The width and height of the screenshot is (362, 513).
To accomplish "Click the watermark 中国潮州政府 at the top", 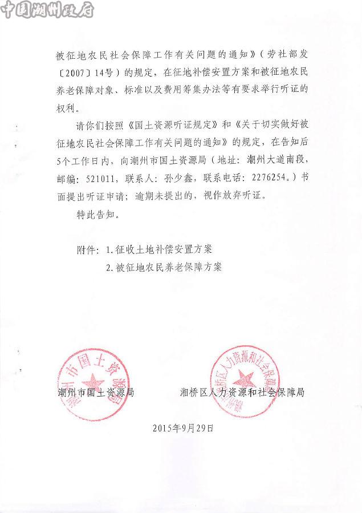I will coord(48,10).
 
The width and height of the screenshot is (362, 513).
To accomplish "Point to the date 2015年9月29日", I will coord(182,427).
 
